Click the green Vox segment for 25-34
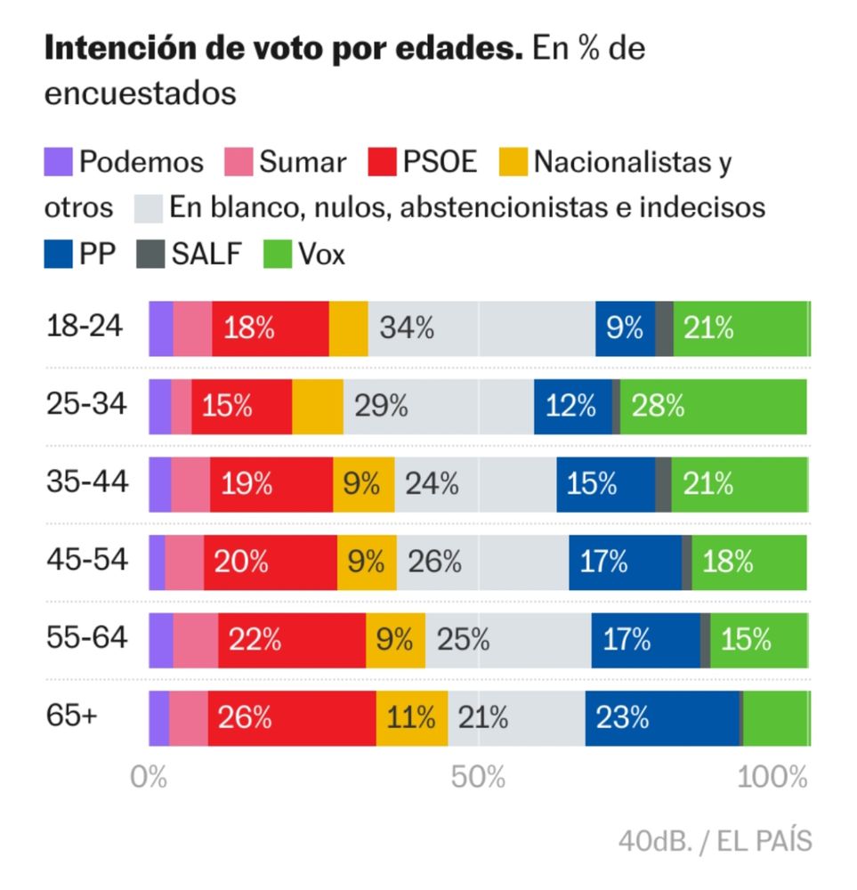[x=713, y=407]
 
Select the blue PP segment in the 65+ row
[x=661, y=717]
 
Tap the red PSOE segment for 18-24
[x=270, y=328]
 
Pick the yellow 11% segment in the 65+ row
[x=411, y=717]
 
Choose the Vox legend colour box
[x=278, y=255]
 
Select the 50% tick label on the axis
[x=478, y=777]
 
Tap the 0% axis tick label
[x=149, y=777]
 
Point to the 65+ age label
[x=72, y=716]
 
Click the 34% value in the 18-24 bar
[x=407, y=328]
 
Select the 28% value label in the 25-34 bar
[x=658, y=407]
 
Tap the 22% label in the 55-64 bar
[x=255, y=640]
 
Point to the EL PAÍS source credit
[x=758, y=841]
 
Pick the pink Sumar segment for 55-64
[x=195, y=640]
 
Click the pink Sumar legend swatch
[x=239, y=162]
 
